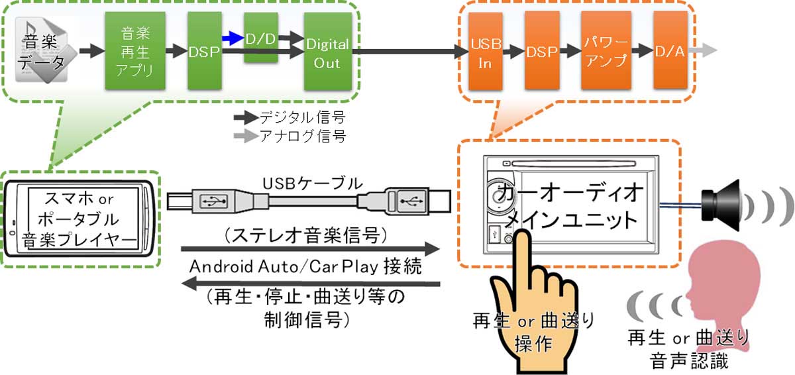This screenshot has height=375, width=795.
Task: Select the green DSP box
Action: tap(203, 50)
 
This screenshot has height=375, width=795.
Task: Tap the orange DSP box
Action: tap(541, 50)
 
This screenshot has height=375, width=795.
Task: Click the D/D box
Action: tap(261, 38)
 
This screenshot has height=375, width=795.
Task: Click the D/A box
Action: tap(669, 50)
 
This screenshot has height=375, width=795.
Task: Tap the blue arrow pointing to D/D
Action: tap(232, 39)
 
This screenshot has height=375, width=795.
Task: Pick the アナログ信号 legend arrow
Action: tap(246, 137)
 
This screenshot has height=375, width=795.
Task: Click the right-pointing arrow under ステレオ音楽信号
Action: tap(311, 250)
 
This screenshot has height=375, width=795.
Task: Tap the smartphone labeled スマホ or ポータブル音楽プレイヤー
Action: tap(79, 219)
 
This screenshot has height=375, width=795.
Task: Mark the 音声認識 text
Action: tap(688, 361)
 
